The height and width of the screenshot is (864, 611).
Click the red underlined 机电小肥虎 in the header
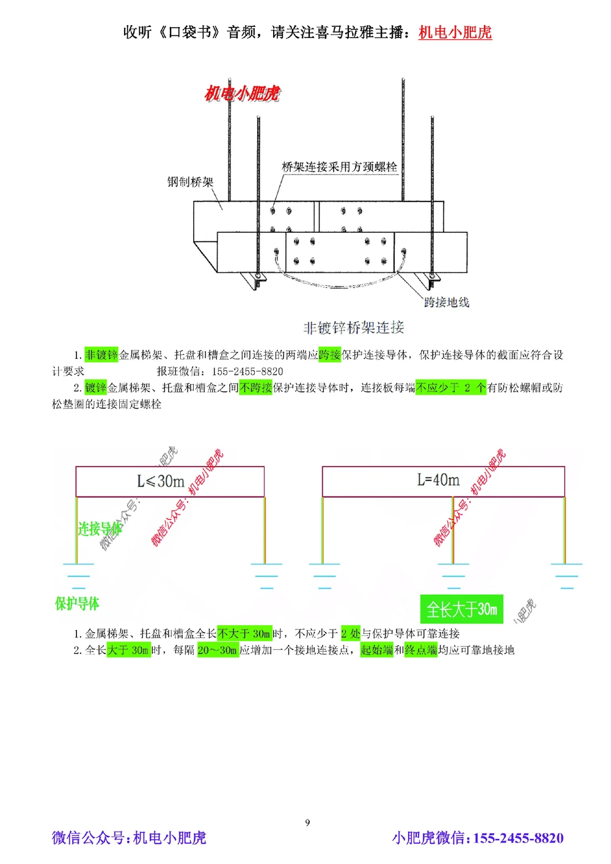(x=455, y=32)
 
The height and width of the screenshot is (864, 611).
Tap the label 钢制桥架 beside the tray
(x=191, y=182)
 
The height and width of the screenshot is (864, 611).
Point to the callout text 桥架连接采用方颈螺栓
(x=339, y=167)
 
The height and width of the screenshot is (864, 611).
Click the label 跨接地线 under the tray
(x=447, y=302)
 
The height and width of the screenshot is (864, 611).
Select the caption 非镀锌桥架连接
(x=354, y=328)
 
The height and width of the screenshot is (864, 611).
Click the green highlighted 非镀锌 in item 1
(x=101, y=355)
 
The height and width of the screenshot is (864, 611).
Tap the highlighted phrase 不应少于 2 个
(x=451, y=388)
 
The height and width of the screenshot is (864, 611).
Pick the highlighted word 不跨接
(x=255, y=388)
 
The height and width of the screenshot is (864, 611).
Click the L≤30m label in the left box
(x=161, y=482)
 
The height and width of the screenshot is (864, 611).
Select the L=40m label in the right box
(x=438, y=480)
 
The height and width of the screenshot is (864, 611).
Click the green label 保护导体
(x=77, y=604)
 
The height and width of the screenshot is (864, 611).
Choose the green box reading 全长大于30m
(x=461, y=609)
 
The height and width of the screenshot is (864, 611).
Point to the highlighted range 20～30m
(x=218, y=650)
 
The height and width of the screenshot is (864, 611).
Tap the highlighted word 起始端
(x=376, y=650)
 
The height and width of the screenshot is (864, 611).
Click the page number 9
(x=307, y=822)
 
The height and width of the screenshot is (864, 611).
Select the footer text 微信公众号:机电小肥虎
(x=129, y=838)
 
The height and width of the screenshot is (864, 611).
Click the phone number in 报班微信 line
(x=247, y=371)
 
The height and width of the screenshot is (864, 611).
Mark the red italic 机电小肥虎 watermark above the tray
(x=242, y=93)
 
